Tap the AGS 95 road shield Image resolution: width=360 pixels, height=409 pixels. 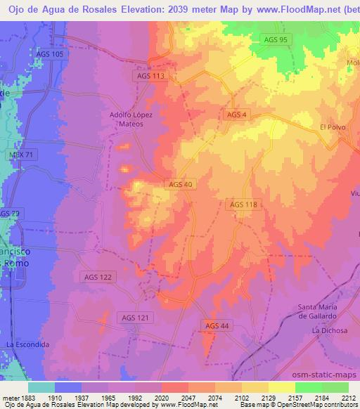pos(274,39)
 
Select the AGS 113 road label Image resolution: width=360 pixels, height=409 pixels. pos(149,75)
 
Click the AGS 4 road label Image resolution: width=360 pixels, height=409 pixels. pos(236,115)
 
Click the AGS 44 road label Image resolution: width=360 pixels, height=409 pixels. pos(217,325)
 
